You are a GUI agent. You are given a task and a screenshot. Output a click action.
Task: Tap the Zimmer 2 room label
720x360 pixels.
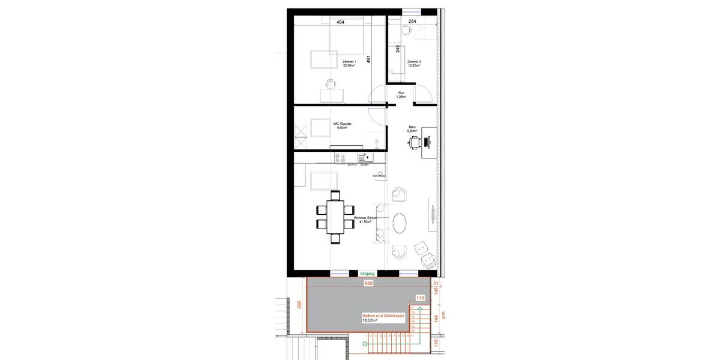pyautogui.click(x=414, y=63)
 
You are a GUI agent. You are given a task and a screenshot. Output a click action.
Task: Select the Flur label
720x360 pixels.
pyautogui.click(x=401, y=94)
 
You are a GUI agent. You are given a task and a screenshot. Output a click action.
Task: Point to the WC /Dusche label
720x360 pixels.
pyautogui.click(x=343, y=125)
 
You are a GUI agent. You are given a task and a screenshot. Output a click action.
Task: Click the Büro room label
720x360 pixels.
pyautogui.click(x=412, y=128)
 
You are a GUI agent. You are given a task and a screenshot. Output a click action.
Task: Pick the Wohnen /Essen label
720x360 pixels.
pyautogui.click(x=364, y=220)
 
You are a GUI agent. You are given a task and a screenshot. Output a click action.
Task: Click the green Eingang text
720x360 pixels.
pyautogui.click(x=367, y=274)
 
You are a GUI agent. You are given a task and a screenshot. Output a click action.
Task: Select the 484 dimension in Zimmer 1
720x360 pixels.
pyautogui.click(x=340, y=22)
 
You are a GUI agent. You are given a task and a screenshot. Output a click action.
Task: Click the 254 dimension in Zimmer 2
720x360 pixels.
pyautogui.click(x=412, y=22)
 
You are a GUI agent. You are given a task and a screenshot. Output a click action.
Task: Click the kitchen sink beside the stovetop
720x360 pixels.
pyautogui.click(x=364, y=157)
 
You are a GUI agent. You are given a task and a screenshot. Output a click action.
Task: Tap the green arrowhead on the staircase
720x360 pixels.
pyautogui.click(x=420, y=309)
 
